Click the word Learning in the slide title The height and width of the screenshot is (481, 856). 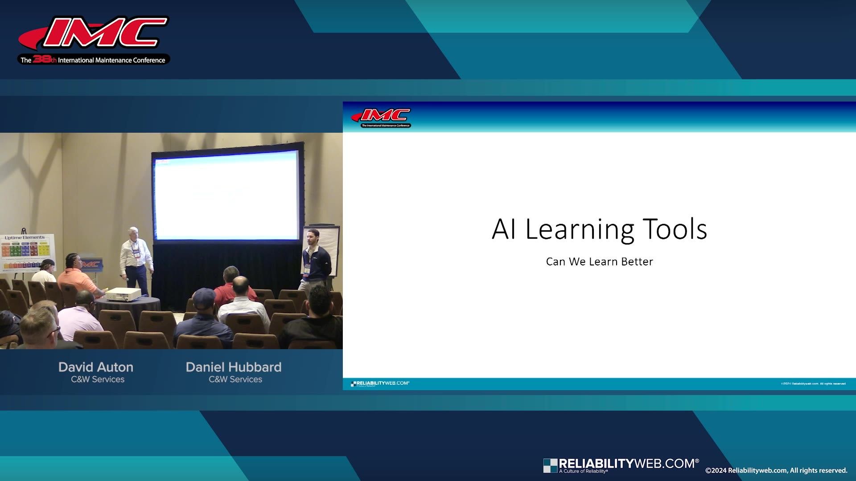point(580,230)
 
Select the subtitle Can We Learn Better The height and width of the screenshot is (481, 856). point(599,261)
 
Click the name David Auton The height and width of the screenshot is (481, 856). point(96,367)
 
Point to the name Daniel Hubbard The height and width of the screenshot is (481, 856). point(234,367)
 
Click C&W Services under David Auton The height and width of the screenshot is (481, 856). point(98,379)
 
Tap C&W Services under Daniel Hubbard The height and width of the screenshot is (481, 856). point(235,379)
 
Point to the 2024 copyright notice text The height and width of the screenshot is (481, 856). point(776,470)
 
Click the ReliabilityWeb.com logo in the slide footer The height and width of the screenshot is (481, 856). point(380,383)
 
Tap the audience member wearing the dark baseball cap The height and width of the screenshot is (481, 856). point(203,316)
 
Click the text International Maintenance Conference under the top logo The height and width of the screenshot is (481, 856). point(111,60)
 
